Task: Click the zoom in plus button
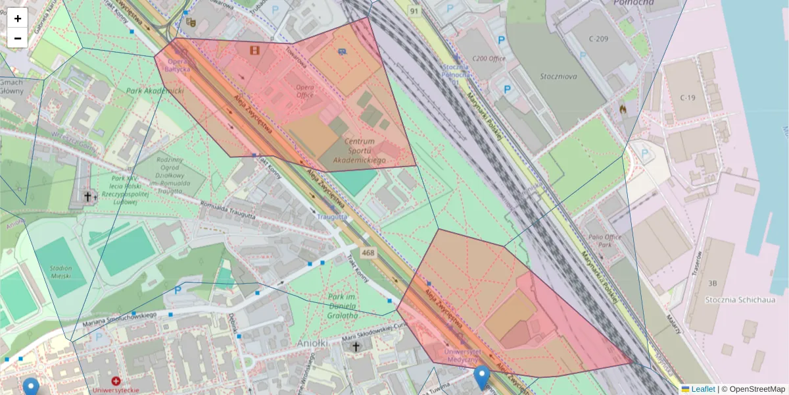pos(18,18)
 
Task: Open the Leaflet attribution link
pos(702,389)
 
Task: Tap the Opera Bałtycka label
pos(178,65)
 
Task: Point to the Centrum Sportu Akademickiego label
pos(359,151)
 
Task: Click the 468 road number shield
pos(368,253)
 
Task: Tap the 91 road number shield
pos(414,11)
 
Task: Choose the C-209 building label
pos(599,39)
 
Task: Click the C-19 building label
pos(688,97)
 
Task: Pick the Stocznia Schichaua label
pos(736,300)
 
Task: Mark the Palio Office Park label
pos(604,246)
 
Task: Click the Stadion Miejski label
pos(60,273)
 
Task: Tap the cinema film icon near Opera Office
pos(254,49)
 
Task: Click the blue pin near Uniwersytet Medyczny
pos(482,377)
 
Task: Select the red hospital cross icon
pos(116,381)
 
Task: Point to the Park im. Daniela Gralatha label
pos(343,306)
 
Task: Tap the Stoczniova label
pos(558,76)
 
